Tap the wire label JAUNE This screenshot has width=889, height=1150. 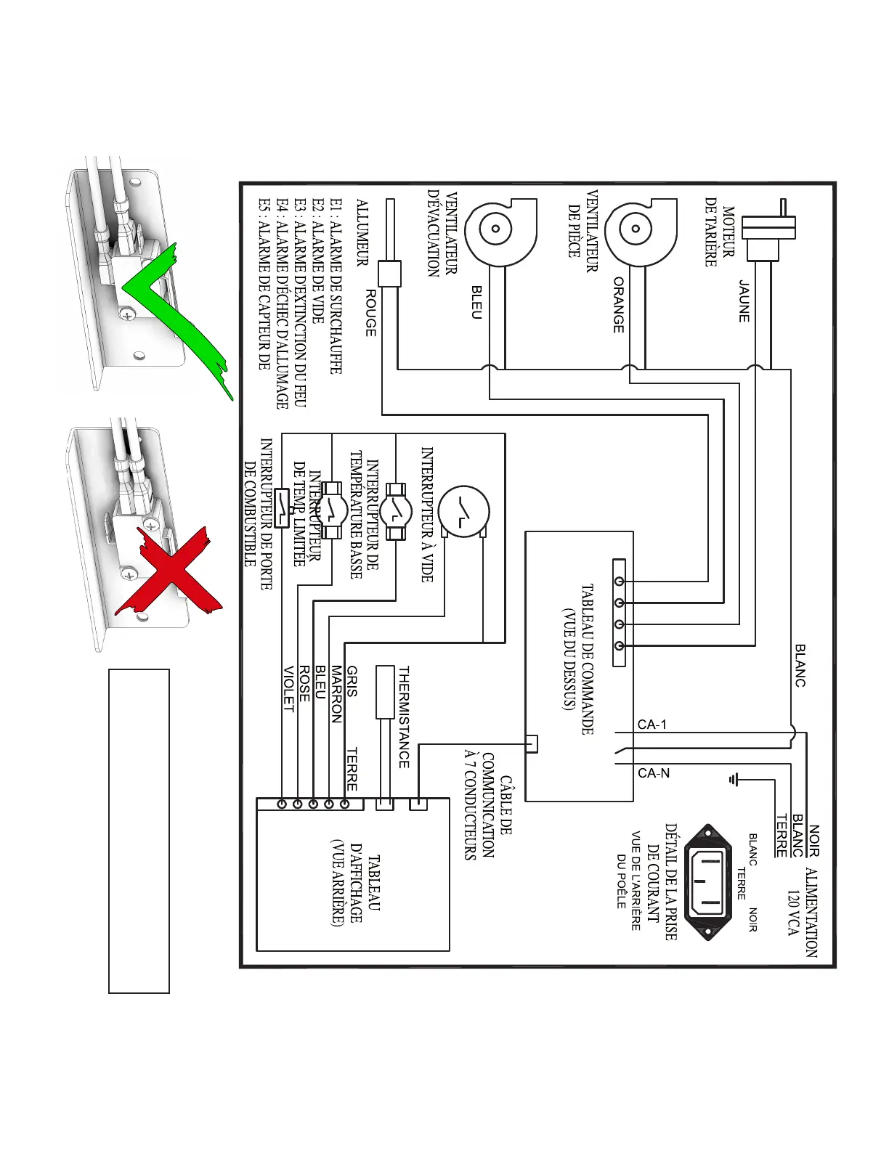pos(744,301)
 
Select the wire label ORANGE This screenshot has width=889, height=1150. pos(618,305)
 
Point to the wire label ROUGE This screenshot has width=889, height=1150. pos(370,313)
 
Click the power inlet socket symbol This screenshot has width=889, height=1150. pos(708,881)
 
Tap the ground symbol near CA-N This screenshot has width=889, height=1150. pos(734,780)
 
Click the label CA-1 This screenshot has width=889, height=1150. pos(651,725)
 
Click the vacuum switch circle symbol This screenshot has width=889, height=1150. pos(464,512)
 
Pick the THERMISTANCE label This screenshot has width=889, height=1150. pos(404,717)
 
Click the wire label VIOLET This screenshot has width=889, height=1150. pos(288,689)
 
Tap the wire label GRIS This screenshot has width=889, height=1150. pos(352,682)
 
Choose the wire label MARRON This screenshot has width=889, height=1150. pos(336,694)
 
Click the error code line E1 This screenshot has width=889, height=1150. pos(336,287)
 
